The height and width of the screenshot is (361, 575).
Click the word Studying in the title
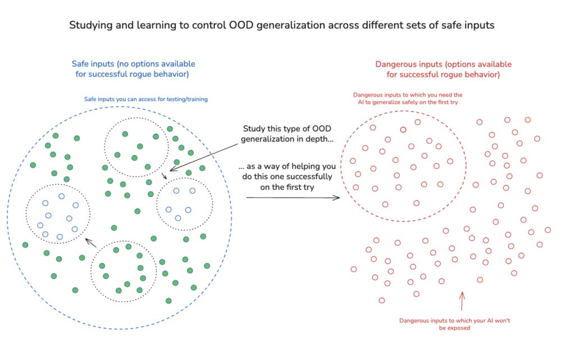click(89, 25)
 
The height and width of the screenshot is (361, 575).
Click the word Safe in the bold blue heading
click(81, 64)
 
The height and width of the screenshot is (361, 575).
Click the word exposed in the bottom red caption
click(459, 328)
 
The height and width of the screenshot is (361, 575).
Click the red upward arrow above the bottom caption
click(462, 301)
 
